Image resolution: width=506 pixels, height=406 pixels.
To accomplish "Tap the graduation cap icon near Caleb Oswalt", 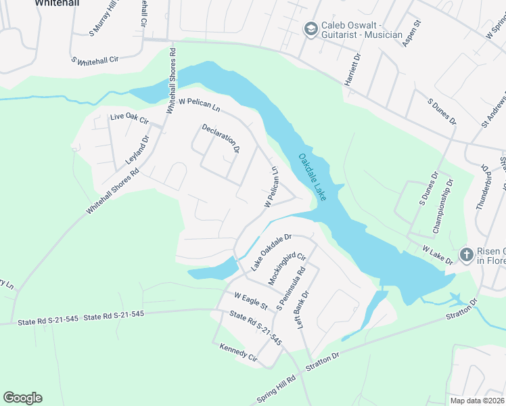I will (310, 28).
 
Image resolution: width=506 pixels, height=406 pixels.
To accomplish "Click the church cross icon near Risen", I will (466, 254).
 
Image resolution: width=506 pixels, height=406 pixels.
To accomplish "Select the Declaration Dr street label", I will (221, 138).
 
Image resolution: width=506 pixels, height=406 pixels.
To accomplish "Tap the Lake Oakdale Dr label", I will (271, 252).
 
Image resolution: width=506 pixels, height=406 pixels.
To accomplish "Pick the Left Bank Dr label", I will (302, 311).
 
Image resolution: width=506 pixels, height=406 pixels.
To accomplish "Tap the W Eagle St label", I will (252, 300).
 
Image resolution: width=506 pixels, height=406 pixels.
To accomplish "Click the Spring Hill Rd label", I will (277, 390).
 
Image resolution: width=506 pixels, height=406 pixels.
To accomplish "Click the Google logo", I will (22, 398).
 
